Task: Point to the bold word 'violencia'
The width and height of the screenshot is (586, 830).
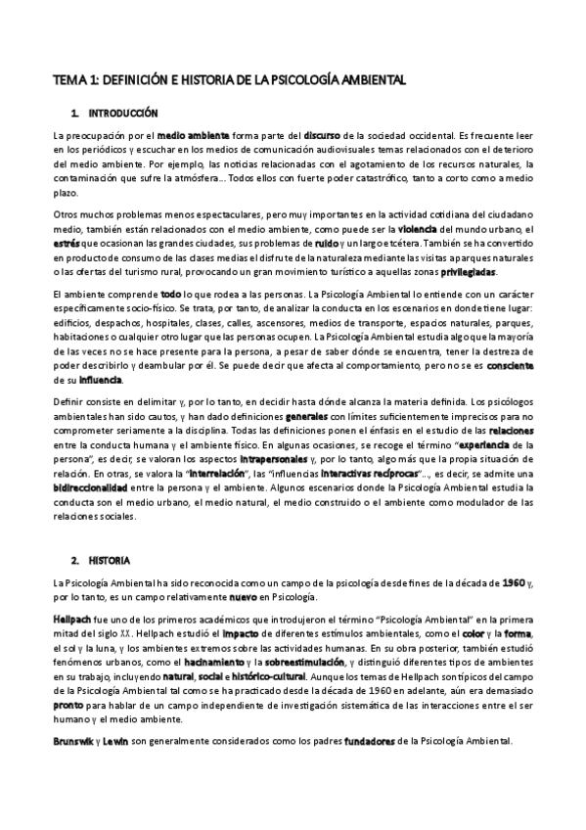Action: click(x=456, y=228)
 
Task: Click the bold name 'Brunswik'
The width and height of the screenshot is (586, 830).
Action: click(x=79, y=740)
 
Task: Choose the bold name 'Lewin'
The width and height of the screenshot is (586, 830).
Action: click(x=127, y=740)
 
